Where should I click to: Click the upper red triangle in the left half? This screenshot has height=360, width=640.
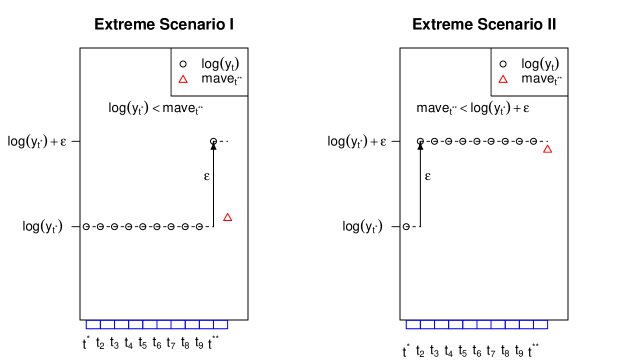tap(183, 79)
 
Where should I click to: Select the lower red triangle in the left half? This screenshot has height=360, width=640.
tap(228, 217)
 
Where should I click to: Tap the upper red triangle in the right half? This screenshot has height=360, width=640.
tap(503, 79)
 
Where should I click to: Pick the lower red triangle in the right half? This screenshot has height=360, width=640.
tap(548, 149)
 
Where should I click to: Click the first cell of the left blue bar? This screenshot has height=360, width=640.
tap(93, 325)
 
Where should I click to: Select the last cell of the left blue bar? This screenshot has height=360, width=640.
tap(221, 325)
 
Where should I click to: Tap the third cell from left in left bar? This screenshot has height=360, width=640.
tap(121, 325)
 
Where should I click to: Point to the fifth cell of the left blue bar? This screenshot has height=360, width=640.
tap(150, 325)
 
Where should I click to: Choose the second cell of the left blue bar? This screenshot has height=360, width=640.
tap(107, 325)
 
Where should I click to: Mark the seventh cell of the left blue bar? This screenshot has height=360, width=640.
tap(178, 325)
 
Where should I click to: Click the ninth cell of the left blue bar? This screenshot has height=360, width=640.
tap(207, 325)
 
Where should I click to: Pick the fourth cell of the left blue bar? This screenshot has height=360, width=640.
tap(136, 325)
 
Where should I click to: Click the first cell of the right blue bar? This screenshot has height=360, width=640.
tap(413, 325)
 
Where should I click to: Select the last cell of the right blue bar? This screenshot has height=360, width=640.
tap(541, 325)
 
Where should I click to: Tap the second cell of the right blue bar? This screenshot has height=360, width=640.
tap(427, 325)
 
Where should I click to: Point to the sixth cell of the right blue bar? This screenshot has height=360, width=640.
tap(484, 325)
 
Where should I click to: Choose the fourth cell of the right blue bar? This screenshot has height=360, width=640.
tap(456, 325)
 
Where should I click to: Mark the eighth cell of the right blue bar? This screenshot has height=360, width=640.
tap(512, 325)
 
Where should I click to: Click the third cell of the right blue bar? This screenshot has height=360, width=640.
tap(441, 325)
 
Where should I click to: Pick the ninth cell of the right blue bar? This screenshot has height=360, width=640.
tap(527, 325)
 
